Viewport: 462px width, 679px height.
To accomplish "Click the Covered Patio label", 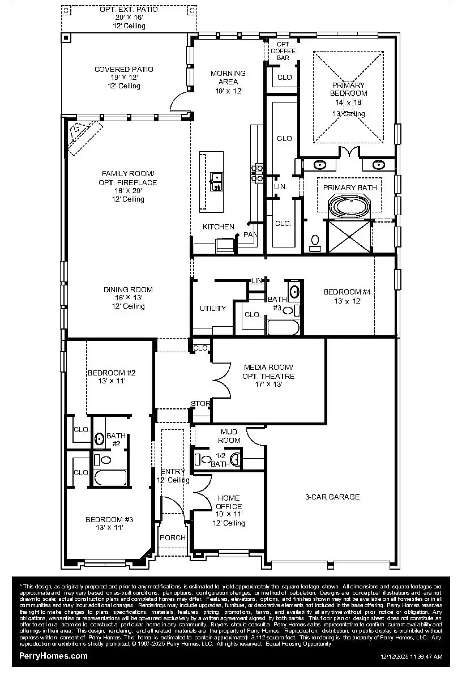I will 123,70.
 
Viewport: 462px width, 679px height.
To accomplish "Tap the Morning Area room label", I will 228,77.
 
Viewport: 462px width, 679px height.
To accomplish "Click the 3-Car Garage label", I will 332,497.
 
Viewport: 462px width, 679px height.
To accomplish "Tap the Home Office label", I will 229,502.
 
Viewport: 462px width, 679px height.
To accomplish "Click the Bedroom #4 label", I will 346,292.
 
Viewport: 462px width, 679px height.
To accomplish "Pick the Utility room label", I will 212,309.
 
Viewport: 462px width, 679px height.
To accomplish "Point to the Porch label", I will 172,538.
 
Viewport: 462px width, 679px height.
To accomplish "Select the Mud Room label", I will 229,436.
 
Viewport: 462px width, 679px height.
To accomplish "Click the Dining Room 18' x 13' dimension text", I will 128,298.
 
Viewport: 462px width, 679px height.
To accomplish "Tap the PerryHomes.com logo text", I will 54,656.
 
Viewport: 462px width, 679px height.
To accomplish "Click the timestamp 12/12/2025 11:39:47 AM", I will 411,657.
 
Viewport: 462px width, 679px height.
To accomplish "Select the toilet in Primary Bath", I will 315,242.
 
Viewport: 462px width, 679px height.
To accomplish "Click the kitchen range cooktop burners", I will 258,173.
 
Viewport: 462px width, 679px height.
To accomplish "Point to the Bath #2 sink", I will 99,438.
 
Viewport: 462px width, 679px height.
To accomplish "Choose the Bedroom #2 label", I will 111,373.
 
